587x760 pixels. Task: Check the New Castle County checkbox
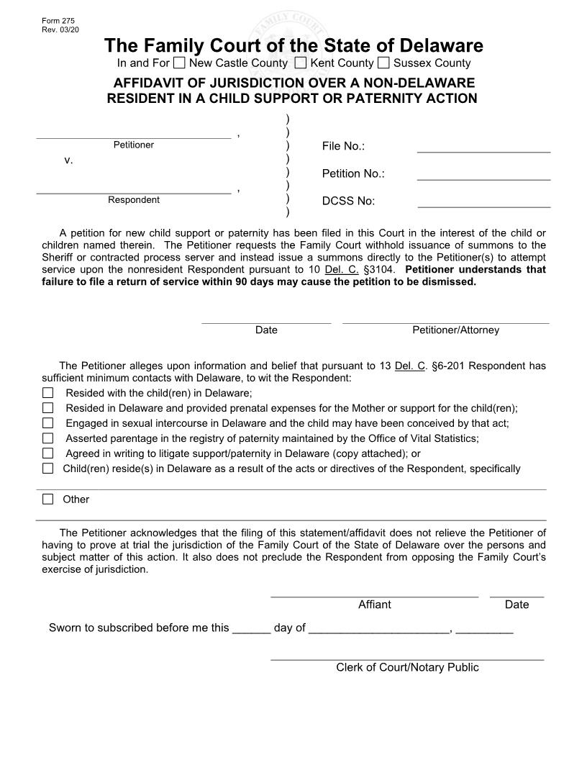179,63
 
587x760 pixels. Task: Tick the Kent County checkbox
301,63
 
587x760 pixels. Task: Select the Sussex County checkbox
383,63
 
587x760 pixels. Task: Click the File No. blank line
483,152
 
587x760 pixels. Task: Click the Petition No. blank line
483,178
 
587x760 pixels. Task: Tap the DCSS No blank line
483,207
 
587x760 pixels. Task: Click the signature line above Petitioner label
134,137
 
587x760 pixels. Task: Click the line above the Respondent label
134,192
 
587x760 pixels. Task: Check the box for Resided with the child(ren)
48,393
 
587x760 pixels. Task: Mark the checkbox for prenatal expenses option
48,408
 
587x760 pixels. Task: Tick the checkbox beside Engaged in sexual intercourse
48,423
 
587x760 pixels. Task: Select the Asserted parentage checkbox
48,438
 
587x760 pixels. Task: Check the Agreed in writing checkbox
48,453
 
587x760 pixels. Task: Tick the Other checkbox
48,499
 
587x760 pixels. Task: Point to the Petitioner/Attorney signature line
445,322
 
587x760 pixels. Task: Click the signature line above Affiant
374,596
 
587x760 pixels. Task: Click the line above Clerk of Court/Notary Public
407,659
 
